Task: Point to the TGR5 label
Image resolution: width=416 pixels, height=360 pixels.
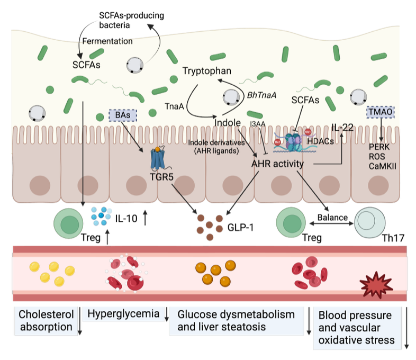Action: (162, 176)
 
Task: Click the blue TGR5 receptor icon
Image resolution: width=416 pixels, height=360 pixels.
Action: (157, 158)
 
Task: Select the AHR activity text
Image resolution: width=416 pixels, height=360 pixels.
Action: (277, 164)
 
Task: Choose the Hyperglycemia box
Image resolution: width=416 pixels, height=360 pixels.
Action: (123, 313)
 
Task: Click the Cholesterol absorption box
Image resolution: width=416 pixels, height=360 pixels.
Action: (46, 320)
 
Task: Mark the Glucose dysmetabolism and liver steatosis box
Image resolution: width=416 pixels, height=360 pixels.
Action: (236, 320)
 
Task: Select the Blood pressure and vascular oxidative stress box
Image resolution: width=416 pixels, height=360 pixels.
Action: (356, 327)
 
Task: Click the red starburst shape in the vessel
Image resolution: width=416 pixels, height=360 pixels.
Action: (376, 286)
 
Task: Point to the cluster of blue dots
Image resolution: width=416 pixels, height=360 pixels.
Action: (101, 214)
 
